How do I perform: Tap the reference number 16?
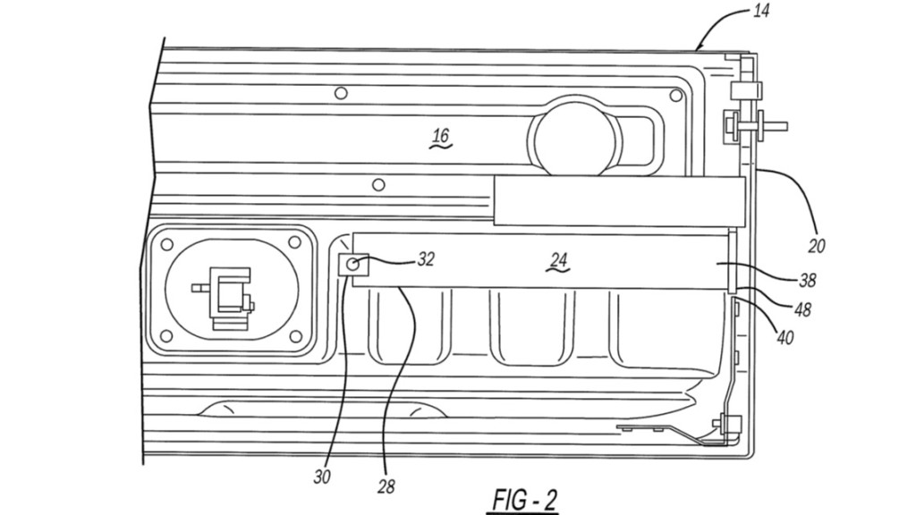click(440, 137)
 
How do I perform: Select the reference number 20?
click(817, 245)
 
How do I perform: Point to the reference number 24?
click(558, 260)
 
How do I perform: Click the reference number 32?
click(427, 258)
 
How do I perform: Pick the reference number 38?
click(808, 280)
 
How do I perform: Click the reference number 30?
click(322, 477)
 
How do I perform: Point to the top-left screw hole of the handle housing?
click(165, 242)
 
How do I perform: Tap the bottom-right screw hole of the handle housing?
click(295, 337)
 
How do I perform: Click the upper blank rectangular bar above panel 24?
click(619, 200)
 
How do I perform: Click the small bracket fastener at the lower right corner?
click(721, 423)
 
